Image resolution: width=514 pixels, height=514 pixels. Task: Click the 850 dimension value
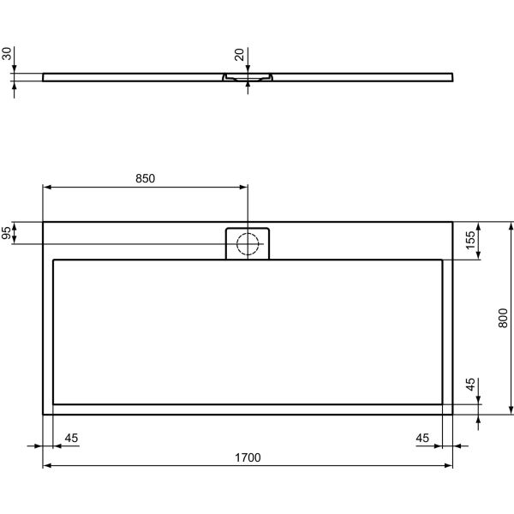coord(145,178)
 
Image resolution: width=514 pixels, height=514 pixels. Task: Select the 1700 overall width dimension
coord(248,458)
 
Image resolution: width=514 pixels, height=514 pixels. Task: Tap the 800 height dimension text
coord(505,318)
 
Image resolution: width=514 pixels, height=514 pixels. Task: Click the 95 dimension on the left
coord(7,233)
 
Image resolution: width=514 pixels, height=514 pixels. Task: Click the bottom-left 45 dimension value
coord(71,439)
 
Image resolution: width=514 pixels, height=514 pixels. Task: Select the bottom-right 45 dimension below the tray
coord(422,439)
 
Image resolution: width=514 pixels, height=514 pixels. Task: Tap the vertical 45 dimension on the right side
coord(470,385)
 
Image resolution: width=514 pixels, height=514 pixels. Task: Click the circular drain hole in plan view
coord(248,244)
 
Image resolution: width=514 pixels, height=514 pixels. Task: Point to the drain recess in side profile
coord(248,78)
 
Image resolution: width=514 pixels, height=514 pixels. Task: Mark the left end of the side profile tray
coord(44,76)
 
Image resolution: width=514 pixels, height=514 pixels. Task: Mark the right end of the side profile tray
coord(451,76)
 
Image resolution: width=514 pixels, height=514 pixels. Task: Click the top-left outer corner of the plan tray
coord(44,223)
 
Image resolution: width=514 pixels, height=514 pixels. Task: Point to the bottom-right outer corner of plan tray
coord(452,414)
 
